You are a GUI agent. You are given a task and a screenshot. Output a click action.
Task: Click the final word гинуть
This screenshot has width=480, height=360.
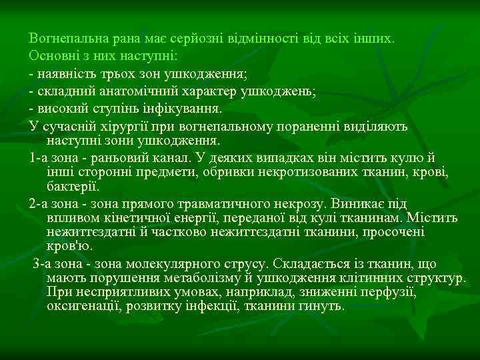coord(323,307)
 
